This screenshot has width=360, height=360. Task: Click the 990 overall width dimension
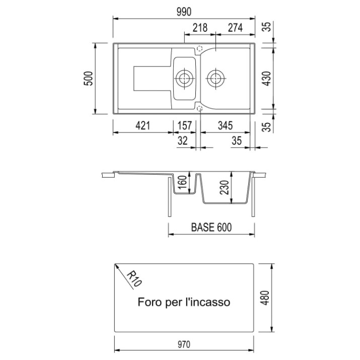pyautogui.click(x=184, y=12)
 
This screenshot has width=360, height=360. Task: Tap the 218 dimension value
pyautogui.click(x=200, y=28)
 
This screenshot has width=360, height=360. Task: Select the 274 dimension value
pyautogui.click(x=235, y=28)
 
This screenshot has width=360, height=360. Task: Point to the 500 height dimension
pyautogui.click(x=89, y=79)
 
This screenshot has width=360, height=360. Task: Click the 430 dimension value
pyautogui.click(x=267, y=79)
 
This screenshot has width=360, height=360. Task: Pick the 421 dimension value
pyautogui.click(x=143, y=125)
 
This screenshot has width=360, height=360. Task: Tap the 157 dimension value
pyautogui.click(x=185, y=125)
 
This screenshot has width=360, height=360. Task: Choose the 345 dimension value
pyautogui.click(x=225, y=125)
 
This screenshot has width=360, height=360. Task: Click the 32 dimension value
pyautogui.click(x=183, y=140)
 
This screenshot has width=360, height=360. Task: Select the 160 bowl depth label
pyautogui.click(x=183, y=182)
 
